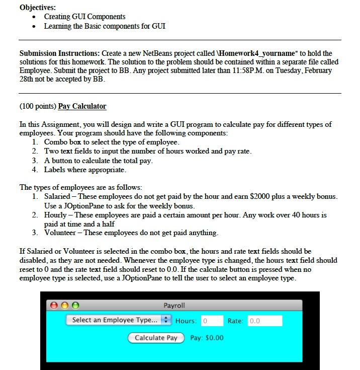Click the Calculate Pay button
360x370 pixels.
[156, 338]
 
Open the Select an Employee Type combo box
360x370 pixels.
[119, 320]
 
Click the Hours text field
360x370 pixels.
[212, 321]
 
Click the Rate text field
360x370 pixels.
[264, 321]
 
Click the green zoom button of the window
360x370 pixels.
[75, 306]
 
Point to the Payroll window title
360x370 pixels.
[174, 306]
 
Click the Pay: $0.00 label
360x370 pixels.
[207, 338]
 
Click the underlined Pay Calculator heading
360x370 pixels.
[82, 106]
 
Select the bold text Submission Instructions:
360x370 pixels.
[59, 53]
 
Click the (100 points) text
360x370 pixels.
[38, 106]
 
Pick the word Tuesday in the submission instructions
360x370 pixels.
[301, 70]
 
